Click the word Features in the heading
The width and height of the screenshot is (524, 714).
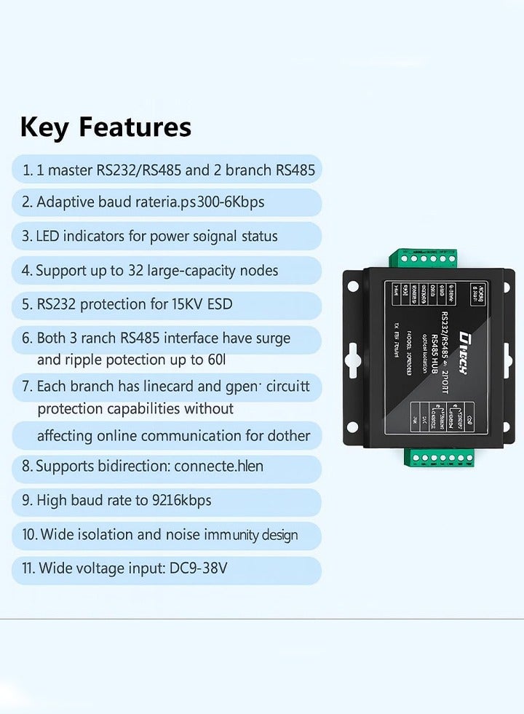pos(135,127)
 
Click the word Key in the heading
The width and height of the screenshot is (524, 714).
pos(45,127)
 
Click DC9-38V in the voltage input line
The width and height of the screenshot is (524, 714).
pos(197,568)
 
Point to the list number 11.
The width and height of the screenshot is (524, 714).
pos(28,568)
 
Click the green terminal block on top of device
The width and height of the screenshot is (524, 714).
pos(425,258)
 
